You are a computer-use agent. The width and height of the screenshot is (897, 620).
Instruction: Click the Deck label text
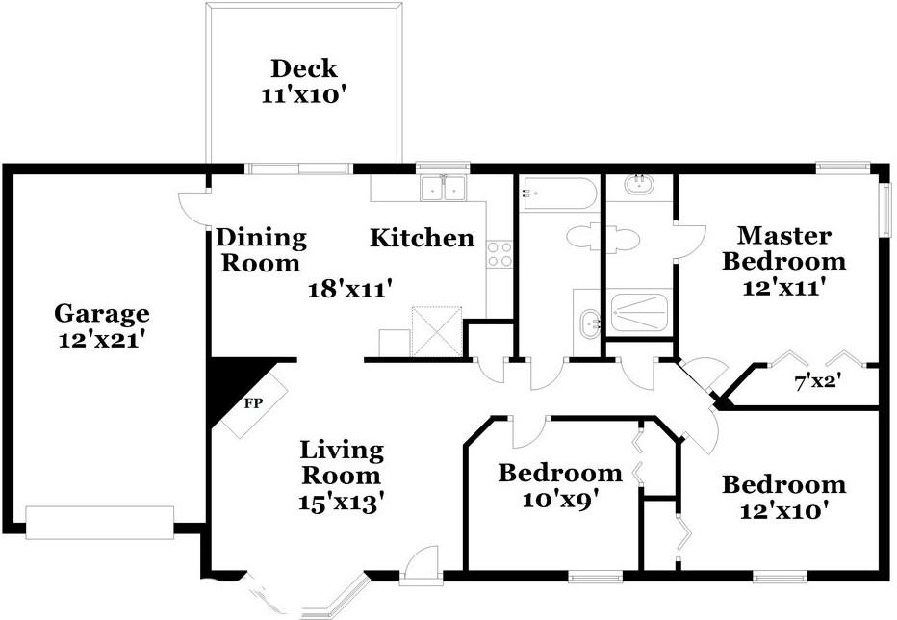(x=304, y=68)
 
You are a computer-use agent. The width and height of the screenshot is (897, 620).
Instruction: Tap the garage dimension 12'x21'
(x=101, y=339)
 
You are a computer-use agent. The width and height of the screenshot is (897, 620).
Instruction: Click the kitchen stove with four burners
(x=500, y=254)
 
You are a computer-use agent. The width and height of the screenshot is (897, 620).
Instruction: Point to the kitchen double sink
(x=444, y=187)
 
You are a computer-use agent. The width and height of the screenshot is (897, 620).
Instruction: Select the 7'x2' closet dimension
(x=818, y=381)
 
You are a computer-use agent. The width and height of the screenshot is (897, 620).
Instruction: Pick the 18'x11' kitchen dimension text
(x=349, y=287)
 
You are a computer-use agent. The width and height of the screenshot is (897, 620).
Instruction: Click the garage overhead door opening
(x=99, y=521)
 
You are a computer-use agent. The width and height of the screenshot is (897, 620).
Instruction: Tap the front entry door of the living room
(x=421, y=566)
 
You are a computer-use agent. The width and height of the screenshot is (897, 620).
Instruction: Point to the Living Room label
(x=341, y=462)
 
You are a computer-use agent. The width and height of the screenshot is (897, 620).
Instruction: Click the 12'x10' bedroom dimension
(x=784, y=509)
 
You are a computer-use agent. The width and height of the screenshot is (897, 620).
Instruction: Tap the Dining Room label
(x=260, y=249)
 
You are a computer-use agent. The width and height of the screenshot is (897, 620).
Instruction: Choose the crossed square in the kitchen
(x=436, y=331)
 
